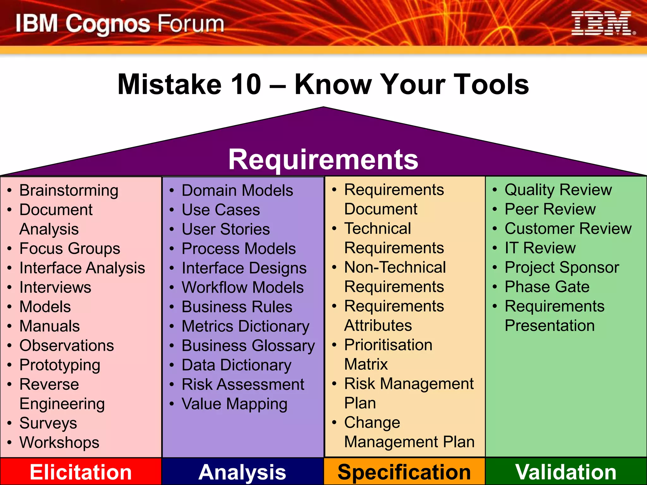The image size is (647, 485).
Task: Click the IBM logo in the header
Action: pos(602,23)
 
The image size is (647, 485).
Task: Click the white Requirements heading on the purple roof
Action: pos(323,159)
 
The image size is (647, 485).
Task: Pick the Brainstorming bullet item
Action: pos(69,190)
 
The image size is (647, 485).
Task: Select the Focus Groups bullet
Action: pos(70,248)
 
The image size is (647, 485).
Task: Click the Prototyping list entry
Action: pos(60,365)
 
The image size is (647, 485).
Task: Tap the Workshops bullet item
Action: pos(59,442)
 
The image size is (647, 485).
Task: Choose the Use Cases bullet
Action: pos(221,210)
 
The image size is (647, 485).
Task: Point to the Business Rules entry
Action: pos(237,307)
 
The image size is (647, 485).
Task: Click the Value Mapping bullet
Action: pos(234,404)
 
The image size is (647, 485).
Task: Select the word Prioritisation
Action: pos(388,345)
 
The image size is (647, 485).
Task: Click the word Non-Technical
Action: pos(395,267)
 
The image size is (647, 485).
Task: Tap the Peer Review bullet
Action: pos(550,209)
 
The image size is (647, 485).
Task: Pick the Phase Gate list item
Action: pos(547,287)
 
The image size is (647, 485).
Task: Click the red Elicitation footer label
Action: pos(81,472)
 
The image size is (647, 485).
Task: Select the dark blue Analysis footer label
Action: pos(242,472)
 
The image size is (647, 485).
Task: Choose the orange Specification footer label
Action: pos(404,472)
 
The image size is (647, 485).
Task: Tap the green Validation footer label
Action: pos(565,472)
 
